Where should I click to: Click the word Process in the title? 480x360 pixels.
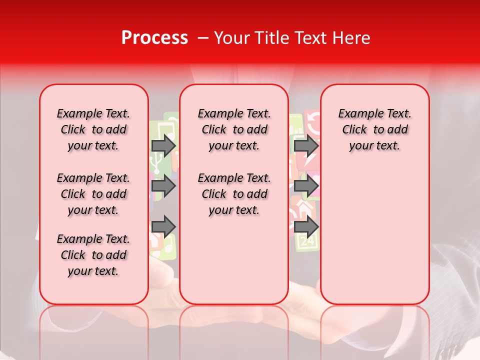click(x=154, y=38)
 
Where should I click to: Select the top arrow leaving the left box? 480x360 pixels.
click(x=163, y=145)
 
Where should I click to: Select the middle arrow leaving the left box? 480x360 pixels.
click(x=163, y=186)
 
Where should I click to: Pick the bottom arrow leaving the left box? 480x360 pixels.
click(x=163, y=226)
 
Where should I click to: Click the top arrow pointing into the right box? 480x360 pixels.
click(x=306, y=145)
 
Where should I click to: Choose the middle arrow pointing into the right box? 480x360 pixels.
click(x=306, y=186)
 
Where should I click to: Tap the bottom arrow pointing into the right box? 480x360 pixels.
click(x=306, y=226)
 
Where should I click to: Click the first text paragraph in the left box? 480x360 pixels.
click(x=93, y=129)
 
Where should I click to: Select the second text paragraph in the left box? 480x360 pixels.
click(x=93, y=194)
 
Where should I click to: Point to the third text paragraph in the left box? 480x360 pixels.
click(x=93, y=255)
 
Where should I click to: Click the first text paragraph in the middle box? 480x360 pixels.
click(x=234, y=129)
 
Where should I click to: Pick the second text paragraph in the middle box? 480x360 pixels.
click(x=234, y=194)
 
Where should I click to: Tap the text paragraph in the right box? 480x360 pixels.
click(x=374, y=129)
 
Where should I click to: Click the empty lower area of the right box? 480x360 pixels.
click(x=374, y=235)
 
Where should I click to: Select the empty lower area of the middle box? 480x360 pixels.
click(x=234, y=260)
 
